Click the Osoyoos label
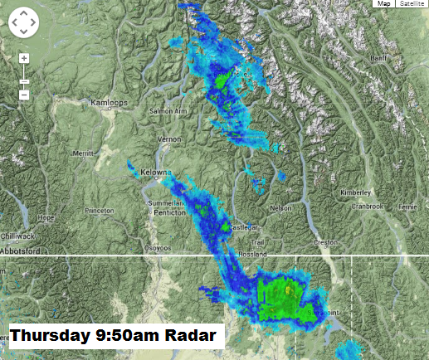(x=158, y=247)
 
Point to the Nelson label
(x=281, y=207)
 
